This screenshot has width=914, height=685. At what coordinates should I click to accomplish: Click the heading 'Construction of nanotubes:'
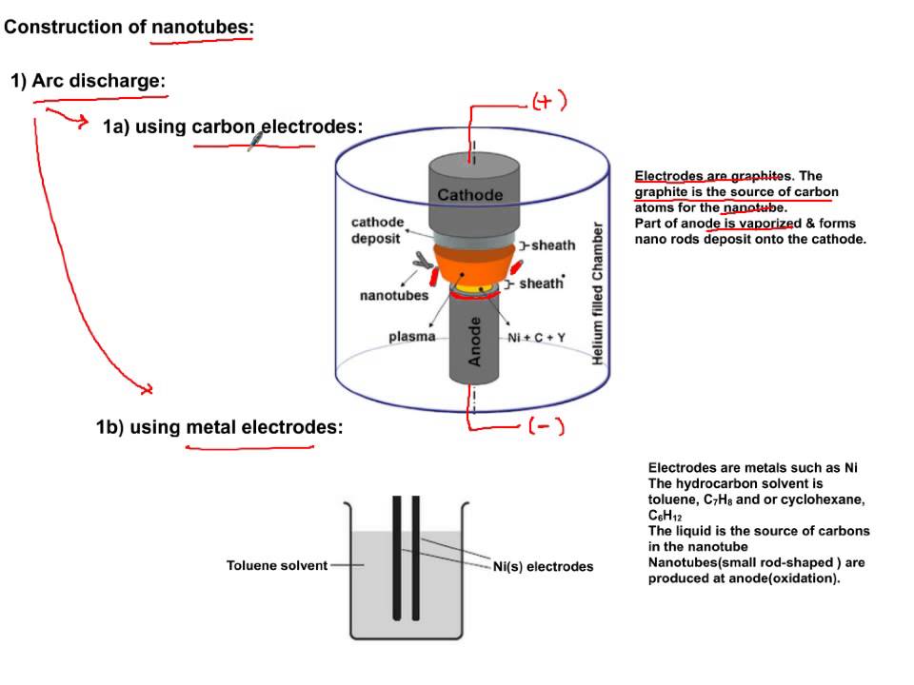pos(129,27)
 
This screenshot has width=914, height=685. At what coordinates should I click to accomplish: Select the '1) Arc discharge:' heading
pos(89,81)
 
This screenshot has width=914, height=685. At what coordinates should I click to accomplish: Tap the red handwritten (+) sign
pos(549,102)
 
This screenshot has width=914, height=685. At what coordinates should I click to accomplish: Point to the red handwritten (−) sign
pos(546,427)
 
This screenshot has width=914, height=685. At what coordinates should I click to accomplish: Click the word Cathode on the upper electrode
pos(469,195)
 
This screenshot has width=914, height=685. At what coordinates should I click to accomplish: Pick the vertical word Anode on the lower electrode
pos(475,342)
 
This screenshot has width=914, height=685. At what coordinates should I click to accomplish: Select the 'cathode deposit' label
pos(378,230)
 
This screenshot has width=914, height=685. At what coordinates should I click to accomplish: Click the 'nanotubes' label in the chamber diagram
pos(393,296)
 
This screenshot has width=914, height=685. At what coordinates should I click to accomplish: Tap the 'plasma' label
pos(412,337)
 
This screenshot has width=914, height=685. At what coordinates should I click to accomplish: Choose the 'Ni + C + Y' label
pos(544,337)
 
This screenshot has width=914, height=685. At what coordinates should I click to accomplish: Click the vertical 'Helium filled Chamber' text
pos(598,294)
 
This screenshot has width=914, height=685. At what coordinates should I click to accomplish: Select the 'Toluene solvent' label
pos(276,565)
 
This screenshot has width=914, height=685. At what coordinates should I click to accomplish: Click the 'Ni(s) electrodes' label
pos(543,566)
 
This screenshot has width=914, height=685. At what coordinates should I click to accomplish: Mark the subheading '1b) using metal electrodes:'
pos(219,427)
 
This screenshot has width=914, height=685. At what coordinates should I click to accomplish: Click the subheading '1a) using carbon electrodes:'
pos(232,127)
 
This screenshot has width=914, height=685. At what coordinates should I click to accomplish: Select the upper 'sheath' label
pos(552,245)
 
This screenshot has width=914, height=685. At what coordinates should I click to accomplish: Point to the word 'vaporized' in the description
pos(769,224)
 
